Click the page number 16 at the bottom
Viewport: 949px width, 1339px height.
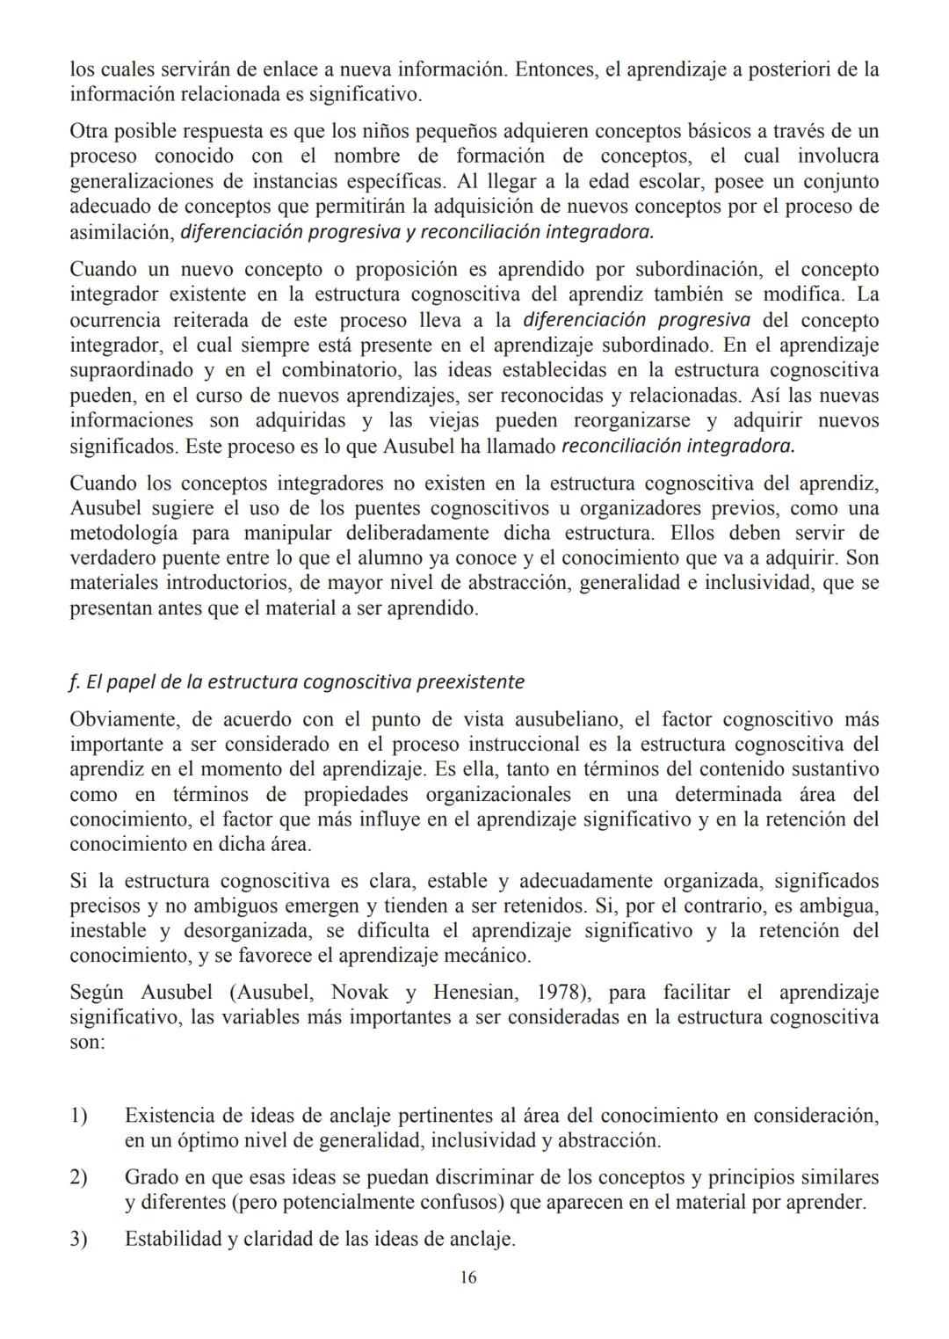[468, 1277]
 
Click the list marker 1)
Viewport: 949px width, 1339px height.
[79, 1116]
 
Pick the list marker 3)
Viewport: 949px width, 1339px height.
[79, 1240]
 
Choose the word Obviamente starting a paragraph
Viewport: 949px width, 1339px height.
[122, 719]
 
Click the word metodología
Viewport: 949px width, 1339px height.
[124, 533]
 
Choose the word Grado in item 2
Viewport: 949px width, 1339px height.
[151, 1177]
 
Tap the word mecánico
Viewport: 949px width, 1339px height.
[491, 955]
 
